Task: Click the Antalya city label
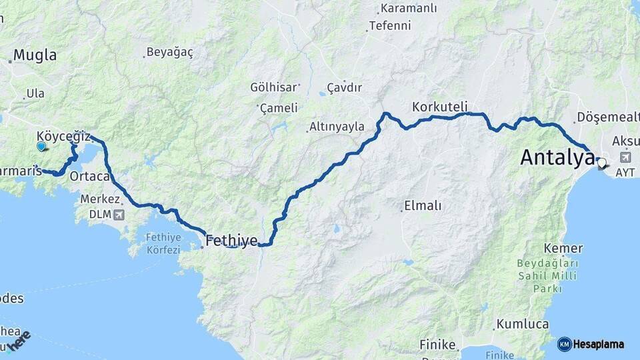[557, 158]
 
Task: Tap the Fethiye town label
[231, 241]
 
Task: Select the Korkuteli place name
[439, 107]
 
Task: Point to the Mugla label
[35, 55]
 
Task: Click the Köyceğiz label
[63, 136]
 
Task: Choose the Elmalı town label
[423, 206]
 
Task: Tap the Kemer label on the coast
[554, 249]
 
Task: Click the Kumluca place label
[522, 325]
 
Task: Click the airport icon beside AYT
[625, 157]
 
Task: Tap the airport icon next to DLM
[118, 215]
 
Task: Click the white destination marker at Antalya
[602, 163]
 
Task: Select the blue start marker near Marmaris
[41, 146]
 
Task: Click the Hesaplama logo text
[599, 345]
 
